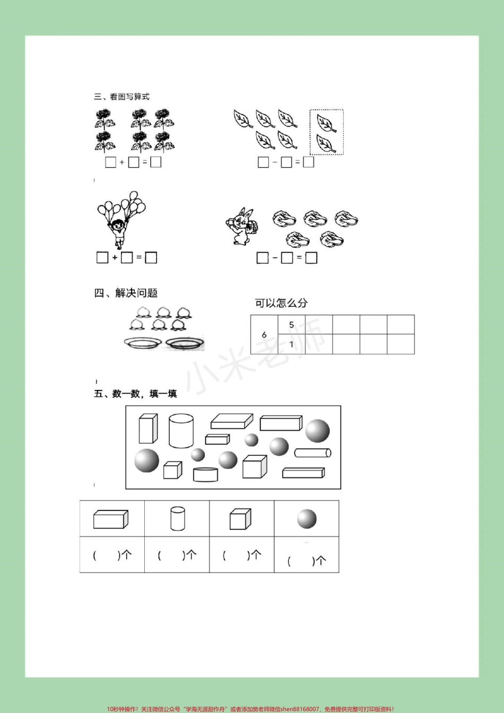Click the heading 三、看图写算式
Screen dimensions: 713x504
[121, 97]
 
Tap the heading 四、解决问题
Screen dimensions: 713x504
[126, 293]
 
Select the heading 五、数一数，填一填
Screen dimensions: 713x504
[135, 394]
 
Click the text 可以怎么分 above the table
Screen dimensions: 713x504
[281, 303]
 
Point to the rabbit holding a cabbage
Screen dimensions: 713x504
[241, 227]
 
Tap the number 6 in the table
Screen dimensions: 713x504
[264, 335]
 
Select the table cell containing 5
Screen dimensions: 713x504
[291, 325]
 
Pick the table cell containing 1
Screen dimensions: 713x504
[291, 344]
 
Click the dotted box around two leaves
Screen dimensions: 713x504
[326, 133]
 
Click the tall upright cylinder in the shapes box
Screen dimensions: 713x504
[181, 431]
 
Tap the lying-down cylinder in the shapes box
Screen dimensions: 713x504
[312, 453]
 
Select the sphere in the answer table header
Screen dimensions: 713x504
[307, 518]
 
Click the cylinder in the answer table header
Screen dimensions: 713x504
[178, 518]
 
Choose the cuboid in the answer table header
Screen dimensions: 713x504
[111, 519]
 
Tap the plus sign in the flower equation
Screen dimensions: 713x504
[122, 162]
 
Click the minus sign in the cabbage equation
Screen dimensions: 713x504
[275, 258]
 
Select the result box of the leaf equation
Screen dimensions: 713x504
[308, 162]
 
